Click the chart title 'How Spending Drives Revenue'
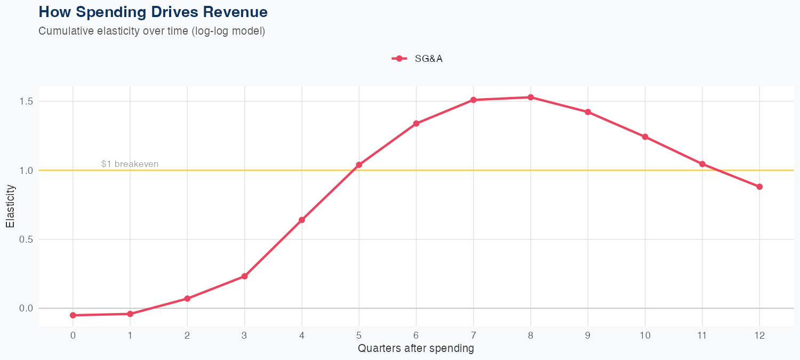pyautogui.click(x=153, y=12)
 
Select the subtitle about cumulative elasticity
pyautogui.click(x=151, y=31)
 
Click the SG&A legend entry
pyautogui.click(x=418, y=59)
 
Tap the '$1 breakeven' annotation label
pyautogui.click(x=130, y=164)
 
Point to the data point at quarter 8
pyautogui.click(x=531, y=98)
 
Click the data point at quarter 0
pyautogui.click(x=73, y=315)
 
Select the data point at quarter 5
pyautogui.click(x=359, y=165)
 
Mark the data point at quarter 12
pyautogui.click(x=759, y=187)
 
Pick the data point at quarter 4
pyautogui.click(x=302, y=220)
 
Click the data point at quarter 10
pyautogui.click(x=645, y=137)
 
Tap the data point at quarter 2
pyautogui.click(x=187, y=299)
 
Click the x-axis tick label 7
pyautogui.click(x=474, y=335)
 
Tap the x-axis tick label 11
pyautogui.click(x=702, y=335)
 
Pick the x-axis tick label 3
pyautogui.click(x=244, y=335)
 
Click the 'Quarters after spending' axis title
pyautogui.click(x=416, y=349)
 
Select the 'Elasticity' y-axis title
pyautogui.click(x=10, y=206)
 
